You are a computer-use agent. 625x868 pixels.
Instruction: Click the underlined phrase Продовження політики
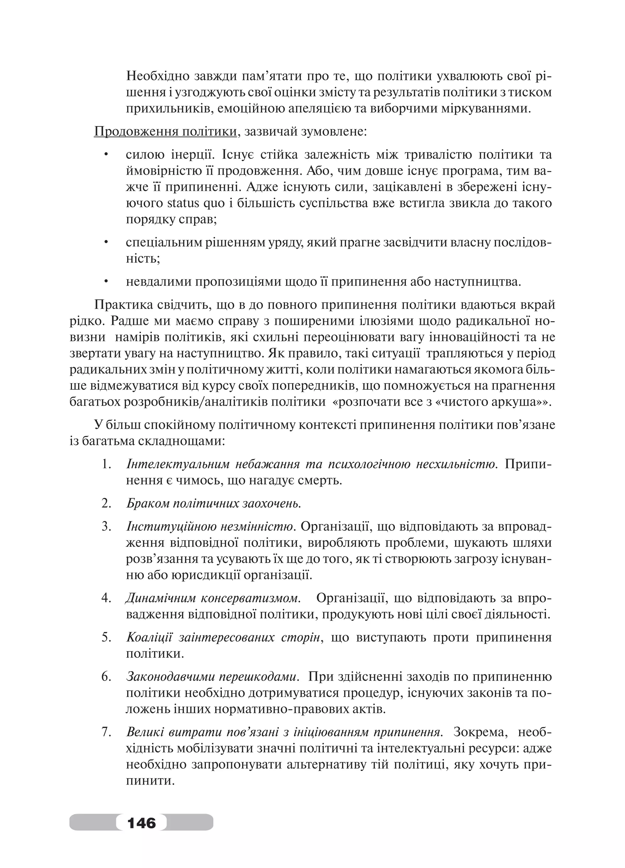(x=165, y=132)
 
